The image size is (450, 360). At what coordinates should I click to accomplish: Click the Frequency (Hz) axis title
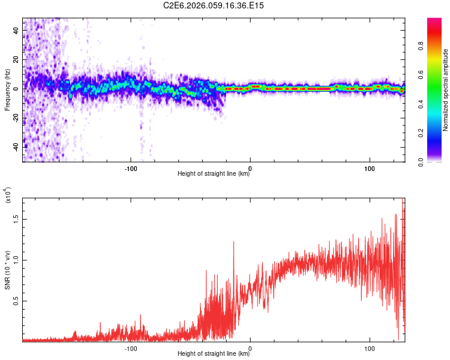7,90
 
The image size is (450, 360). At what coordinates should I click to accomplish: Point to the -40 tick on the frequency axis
16,146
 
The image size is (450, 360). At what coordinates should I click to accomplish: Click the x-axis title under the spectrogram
214,174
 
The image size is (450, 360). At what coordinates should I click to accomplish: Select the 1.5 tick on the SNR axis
16,219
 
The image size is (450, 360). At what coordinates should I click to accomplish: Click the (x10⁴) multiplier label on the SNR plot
8,196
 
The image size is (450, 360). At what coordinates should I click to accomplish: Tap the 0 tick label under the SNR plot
250,347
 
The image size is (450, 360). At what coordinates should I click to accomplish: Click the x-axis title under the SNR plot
214,354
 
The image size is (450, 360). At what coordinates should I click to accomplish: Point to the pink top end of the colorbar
434,22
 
